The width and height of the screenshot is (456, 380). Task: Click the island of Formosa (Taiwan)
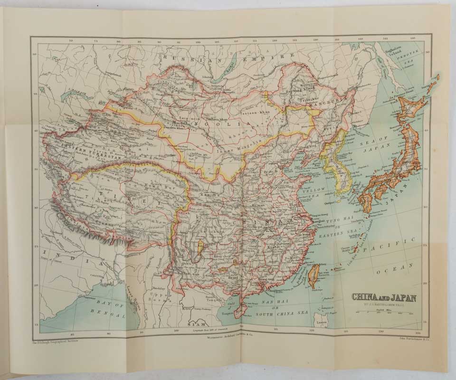313,277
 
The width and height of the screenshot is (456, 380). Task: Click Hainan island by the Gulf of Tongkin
239,309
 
